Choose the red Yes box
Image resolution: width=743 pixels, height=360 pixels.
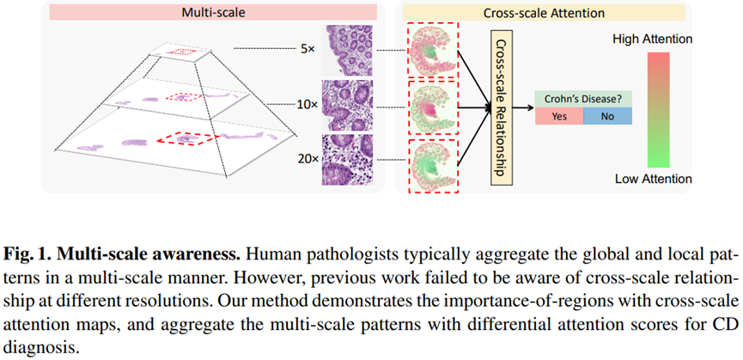(x=558, y=117)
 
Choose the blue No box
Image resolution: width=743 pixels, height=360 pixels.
(x=607, y=117)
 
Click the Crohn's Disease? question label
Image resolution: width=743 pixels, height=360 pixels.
(x=582, y=100)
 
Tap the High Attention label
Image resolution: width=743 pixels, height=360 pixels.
(x=652, y=40)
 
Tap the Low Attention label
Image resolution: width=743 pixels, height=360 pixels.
(x=653, y=179)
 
